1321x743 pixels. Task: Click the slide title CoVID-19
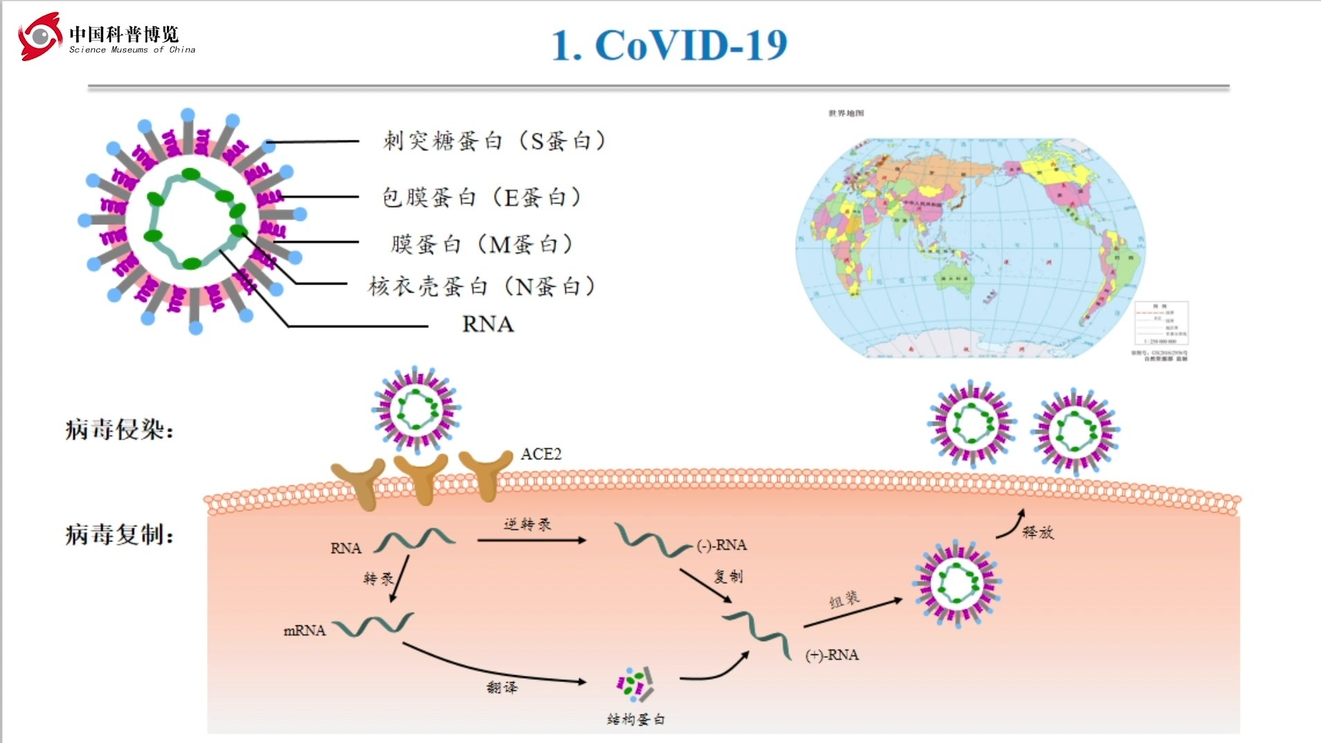[669, 46]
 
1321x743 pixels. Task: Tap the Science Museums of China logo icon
[39, 36]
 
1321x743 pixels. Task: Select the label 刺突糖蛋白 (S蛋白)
[494, 141]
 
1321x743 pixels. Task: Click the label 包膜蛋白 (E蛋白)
[481, 197]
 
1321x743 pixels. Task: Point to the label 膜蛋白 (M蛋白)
[481, 244]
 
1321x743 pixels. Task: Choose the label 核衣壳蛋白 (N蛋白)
[481, 286]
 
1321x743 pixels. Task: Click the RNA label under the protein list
[488, 324]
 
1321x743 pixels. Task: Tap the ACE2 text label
[541, 454]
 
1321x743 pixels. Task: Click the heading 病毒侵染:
[119, 430]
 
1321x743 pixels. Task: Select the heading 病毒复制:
[119, 535]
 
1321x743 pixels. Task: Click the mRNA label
[304, 631]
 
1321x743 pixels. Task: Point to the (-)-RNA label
[722, 546]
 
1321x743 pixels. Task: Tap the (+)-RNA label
[832, 655]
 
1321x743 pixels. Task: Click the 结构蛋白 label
[635, 719]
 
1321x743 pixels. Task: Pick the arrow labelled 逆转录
[531, 540]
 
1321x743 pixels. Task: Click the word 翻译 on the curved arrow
[502, 687]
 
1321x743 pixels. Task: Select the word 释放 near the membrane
[1038, 532]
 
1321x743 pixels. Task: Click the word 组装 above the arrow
[844, 600]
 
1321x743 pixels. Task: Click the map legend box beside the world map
[1161, 323]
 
